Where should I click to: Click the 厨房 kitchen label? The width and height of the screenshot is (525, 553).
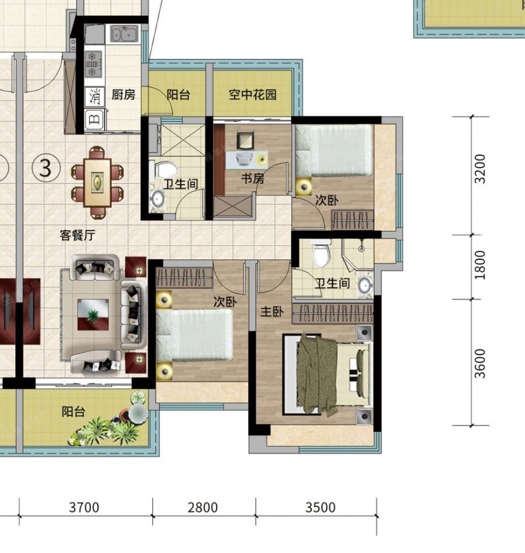pyautogui.click(x=123, y=94)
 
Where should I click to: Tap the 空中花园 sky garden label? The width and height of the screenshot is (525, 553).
pyautogui.click(x=253, y=94)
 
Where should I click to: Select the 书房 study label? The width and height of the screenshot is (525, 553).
pyautogui.click(x=253, y=178)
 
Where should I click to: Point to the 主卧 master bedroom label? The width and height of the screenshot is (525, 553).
pyautogui.click(x=272, y=312)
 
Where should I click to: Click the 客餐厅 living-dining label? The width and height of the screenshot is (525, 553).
pyautogui.click(x=78, y=235)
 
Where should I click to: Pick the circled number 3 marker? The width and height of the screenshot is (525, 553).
pyautogui.click(x=46, y=168)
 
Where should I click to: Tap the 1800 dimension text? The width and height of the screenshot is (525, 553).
pyautogui.click(x=480, y=265)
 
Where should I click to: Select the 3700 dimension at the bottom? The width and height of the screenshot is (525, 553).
pyautogui.click(x=84, y=507)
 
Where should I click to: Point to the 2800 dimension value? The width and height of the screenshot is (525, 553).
pyautogui.click(x=203, y=507)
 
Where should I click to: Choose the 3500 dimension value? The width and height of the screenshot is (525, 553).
pyautogui.click(x=320, y=507)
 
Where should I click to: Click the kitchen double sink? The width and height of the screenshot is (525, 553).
pyautogui.click(x=125, y=34)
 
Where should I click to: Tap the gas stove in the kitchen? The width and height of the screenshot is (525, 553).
pyautogui.click(x=93, y=64)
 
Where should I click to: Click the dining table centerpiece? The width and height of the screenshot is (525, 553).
pyautogui.click(x=97, y=182)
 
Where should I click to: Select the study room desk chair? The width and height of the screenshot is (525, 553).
pyautogui.click(x=246, y=140)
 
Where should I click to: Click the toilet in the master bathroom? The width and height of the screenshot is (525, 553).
pyautogui.click(x=321, y=253)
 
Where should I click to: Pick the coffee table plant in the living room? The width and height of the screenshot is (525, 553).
pyautogui.click(x=93, y=315)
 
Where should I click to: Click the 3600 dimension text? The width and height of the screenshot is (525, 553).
pyautogui.click(x=480, y=364)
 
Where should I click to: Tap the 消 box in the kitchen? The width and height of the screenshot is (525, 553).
pyautogui.click(x=94, y=97)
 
